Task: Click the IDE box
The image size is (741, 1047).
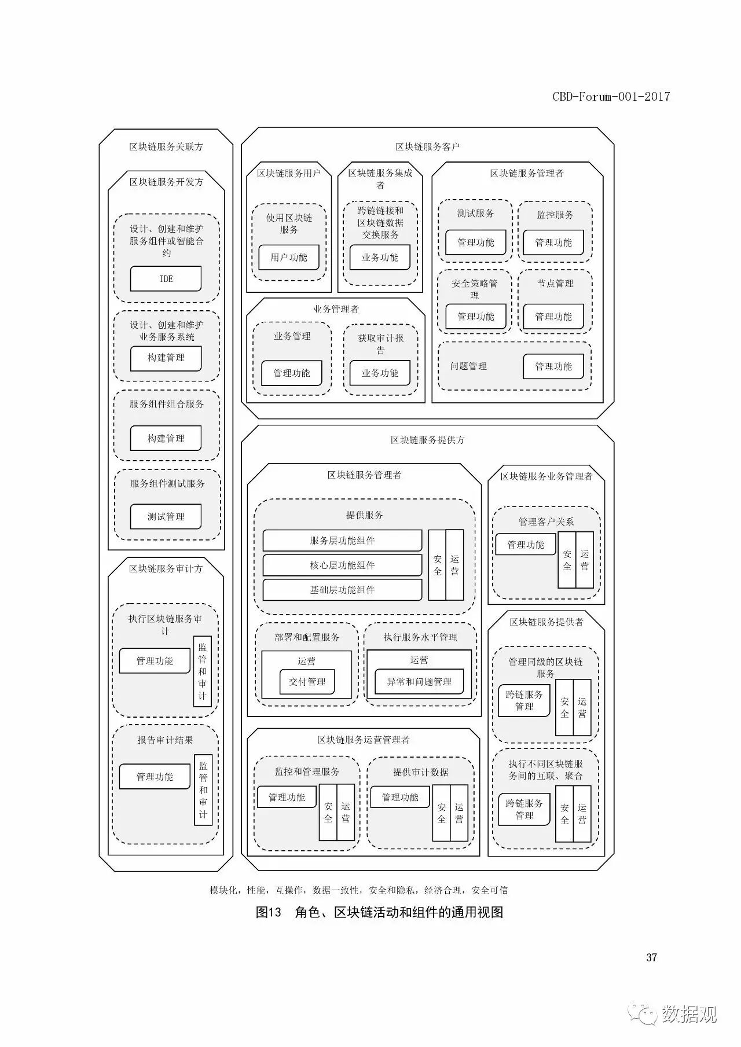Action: [166, 278]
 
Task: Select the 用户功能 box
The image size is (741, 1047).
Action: [288, 257]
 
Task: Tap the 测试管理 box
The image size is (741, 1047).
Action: [166, 516]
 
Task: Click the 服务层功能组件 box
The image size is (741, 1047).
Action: [342, 541]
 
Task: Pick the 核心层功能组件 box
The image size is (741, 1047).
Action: [342, 565]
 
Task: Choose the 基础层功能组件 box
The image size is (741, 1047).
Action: [342, 590]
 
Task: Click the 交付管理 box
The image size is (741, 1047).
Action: [307, 681]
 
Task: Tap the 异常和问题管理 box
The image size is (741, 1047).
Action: [419, 681]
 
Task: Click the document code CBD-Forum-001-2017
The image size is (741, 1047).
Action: [611, 97]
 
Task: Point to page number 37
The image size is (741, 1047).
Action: [651, 957]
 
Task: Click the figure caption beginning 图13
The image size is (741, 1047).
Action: [379, 912]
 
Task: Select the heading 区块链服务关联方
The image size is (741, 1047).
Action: [166, 146]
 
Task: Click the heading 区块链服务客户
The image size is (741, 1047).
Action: [427, 146]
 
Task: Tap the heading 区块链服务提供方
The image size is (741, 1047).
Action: [427, 440]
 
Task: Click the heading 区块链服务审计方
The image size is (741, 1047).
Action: [166, 568]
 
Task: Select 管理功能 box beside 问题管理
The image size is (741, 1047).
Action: [553, 366]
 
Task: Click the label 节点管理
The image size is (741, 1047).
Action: [555, 283]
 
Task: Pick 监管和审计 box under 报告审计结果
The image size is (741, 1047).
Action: [203, 789]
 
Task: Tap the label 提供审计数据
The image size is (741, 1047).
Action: [420, 772]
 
